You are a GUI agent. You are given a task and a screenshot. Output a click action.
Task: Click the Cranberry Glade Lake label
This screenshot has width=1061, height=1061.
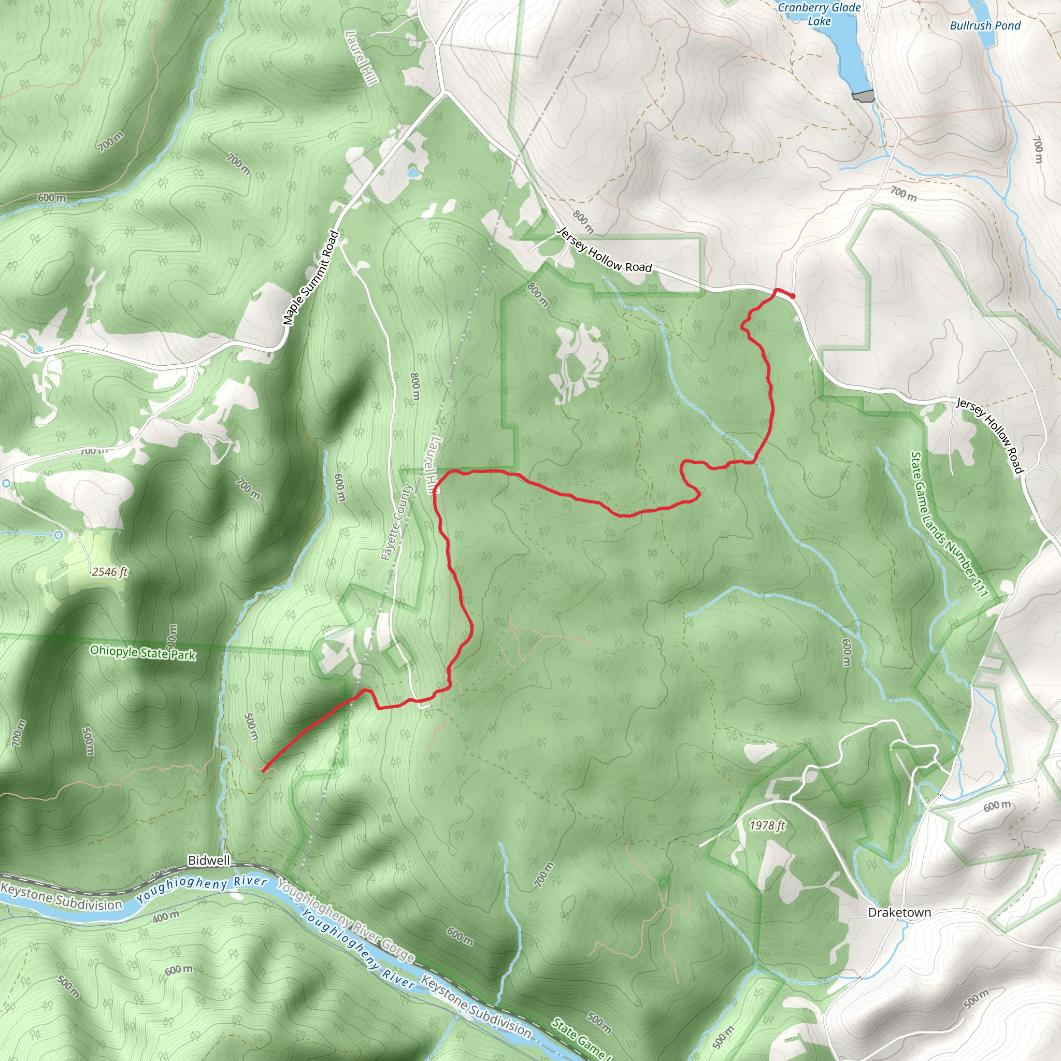pyautogui.click(x=820, y=15)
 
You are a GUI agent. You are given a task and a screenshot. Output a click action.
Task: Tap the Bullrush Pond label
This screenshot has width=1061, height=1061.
pyautogui.click(x=985, y=26)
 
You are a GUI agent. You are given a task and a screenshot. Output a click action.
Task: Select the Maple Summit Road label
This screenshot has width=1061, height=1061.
pyautogui.click(x=310, y=278)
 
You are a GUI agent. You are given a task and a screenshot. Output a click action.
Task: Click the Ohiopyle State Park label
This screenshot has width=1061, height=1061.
pyautogui.click(x=143, y=652)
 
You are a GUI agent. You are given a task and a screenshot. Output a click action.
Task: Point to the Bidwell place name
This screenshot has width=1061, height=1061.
pyautogui.click(x=209, y=861)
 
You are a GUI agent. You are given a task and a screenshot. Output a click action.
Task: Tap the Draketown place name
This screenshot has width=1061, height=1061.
pyautogui.click(x=899, y=913)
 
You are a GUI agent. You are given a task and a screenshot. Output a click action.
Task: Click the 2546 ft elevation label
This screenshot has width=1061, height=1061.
pyautogui.click(x=110, y=572)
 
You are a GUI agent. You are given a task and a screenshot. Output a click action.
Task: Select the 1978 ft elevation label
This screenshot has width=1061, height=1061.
pyautogui.click(x=768, y=825)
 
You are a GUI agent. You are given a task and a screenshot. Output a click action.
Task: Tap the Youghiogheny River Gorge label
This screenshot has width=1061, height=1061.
pyautogui.click(x=346, y=921)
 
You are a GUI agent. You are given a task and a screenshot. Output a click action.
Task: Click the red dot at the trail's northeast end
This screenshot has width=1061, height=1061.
pyautogui.click(x=793, y=296)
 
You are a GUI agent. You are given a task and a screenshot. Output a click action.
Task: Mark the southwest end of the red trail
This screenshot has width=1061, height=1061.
pyautogui.click(x=264, y=770)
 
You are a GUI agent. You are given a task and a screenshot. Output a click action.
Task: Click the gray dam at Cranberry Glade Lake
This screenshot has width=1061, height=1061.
pyautogui.click(x=862, y=97)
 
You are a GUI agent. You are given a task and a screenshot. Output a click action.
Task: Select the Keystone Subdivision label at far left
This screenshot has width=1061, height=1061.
pyautogui.click(x=62, y=896)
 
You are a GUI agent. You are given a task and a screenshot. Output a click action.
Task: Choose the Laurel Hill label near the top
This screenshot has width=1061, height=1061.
pyautogui.click(x=362, y=57)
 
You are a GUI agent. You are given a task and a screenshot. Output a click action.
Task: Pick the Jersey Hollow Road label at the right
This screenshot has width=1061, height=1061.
pyautogui.click(x=990, y=435)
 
